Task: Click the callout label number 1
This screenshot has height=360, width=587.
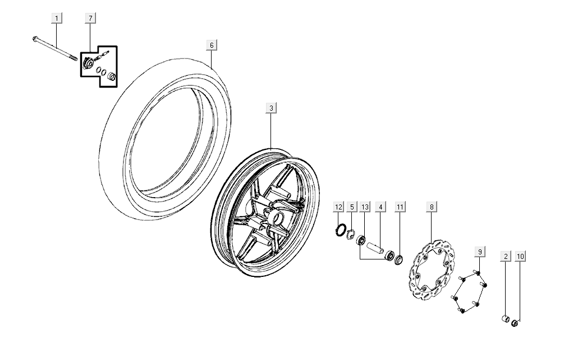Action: [57, 19]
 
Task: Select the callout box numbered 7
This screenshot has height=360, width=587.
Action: [90, 19]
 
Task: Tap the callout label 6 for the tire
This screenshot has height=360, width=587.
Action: [212, 45]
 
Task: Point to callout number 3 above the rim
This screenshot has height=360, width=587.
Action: [271, 108]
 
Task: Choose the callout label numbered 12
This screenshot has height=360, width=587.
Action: [338, 207]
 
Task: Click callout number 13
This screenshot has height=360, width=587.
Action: [365, 207]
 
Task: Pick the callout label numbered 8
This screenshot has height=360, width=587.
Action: [432, 207]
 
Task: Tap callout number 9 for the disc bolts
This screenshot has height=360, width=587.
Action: [480, 251]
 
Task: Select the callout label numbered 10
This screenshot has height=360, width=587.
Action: [521, 257]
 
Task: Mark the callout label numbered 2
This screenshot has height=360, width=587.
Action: [506, 257]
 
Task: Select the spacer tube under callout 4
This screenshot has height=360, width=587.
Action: [375, 247]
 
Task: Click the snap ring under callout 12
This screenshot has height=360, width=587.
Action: [340, 230]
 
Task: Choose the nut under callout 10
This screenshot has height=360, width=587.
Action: [516, 322]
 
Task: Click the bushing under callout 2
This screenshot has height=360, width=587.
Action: [505, 320]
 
